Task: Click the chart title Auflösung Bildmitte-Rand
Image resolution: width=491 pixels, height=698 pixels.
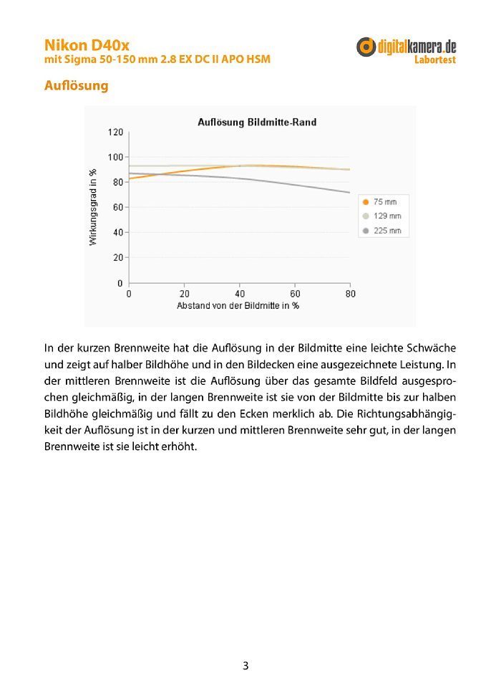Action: (257, 123)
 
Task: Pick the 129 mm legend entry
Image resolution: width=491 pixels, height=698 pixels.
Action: (387, 216)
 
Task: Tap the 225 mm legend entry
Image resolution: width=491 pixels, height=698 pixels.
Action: (387, 231)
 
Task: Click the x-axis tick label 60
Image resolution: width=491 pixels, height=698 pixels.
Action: (295, 294)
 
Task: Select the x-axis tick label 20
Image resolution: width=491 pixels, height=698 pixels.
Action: (184, 294)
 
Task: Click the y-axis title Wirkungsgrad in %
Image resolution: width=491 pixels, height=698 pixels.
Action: (93, 207)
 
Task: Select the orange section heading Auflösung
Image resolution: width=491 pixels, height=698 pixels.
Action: (76, 86)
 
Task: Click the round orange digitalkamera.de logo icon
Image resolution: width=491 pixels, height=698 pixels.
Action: (366, 47)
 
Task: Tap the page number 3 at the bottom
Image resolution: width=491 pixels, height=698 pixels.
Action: (245, 666)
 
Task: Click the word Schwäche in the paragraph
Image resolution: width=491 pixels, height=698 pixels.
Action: (430, 348)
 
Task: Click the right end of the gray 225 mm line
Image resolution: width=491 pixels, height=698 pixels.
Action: (349, 192)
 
